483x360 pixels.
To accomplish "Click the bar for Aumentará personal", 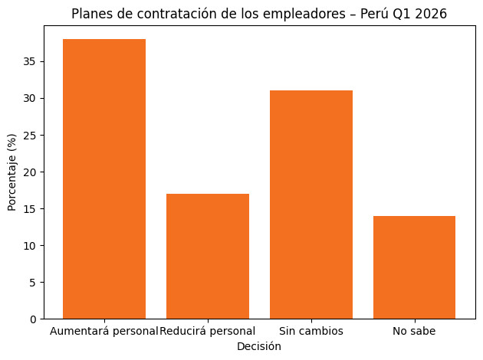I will point(104,178).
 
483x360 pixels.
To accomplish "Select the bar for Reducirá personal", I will point(208,256).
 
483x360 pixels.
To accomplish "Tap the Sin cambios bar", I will point(311,205).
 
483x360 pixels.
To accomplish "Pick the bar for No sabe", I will point(414,267).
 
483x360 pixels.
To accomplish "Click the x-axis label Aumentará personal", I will point(104,331).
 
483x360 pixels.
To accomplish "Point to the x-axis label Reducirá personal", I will point(208,331).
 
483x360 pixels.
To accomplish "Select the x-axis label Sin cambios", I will point(311,331).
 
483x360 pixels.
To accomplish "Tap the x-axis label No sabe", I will point(414,331).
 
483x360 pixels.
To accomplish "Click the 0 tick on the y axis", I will point(34,319).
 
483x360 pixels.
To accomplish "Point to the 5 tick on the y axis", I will point(34,282).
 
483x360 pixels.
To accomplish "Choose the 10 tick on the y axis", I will point(31,245).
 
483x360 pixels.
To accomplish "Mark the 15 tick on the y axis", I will point(31,208).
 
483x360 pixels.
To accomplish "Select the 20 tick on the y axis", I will point(31,172).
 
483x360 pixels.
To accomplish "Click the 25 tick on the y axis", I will point(31,135).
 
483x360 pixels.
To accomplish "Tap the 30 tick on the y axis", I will point(31,98).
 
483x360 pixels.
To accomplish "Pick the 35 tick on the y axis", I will point(31,61).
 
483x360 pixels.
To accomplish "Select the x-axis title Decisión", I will point(259,346).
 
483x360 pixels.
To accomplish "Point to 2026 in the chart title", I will point(431,14).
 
